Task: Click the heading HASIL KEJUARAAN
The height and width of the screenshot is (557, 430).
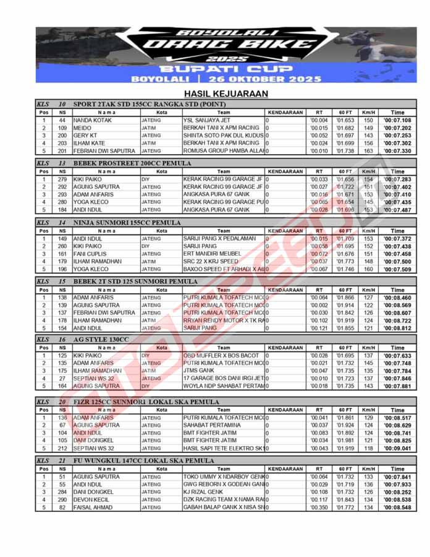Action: tap(214, 93)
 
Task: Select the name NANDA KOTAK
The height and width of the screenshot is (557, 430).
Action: tap(92, 120)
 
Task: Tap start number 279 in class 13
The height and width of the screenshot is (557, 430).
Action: tap(62, 179)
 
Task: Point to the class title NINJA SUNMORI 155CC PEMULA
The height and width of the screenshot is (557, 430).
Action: tap(127, 222)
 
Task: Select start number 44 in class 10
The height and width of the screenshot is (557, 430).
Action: tap(62, 120)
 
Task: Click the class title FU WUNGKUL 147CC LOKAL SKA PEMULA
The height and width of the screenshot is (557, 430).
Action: tap(144, 461)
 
